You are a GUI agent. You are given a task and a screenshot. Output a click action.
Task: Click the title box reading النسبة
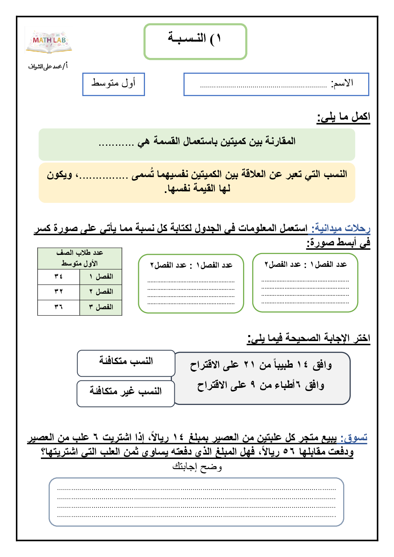click(x=195, y=41)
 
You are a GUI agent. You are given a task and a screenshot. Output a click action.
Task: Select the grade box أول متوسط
click(x=114, y=84)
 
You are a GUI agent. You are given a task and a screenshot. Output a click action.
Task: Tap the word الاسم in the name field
click(x=342, y=83)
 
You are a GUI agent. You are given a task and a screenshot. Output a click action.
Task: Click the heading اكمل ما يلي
click(x=344, y=117)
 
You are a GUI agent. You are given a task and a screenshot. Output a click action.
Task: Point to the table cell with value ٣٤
click(x=59, y=276)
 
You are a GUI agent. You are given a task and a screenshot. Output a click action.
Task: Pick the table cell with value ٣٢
click(x=59, y=291)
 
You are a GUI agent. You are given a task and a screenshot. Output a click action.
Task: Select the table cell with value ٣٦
click(x=59, y=307)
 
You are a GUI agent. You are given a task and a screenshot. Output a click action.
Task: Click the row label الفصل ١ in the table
click(x=101, y=276)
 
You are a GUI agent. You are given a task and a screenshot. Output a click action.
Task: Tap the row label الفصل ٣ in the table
click(x=101, y=307)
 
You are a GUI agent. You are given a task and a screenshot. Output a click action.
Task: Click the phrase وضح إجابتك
click(x=197, y=466)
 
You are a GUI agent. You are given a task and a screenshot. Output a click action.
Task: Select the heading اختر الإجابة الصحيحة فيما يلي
click(x=309, y=338)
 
